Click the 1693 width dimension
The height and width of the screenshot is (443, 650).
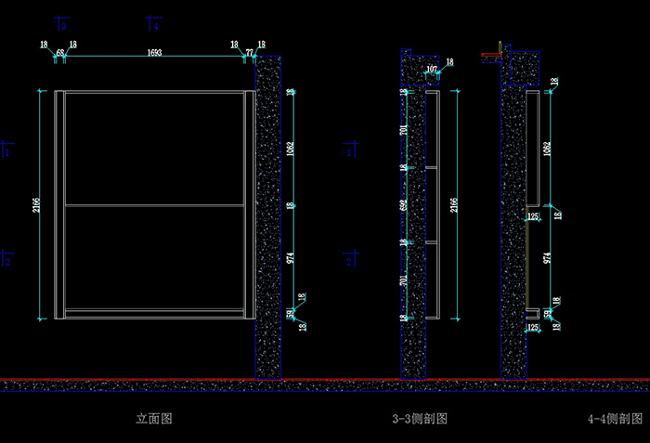click(x=154, y=53)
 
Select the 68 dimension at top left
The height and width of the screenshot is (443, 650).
click(x=60, y=53)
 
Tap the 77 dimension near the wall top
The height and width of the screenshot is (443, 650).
click(x=249, y=53)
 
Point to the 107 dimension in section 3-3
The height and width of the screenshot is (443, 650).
click(x=432, y=70)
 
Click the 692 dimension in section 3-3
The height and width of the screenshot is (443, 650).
click(x=403, y=204)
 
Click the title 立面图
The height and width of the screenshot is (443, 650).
click(x=154, y=419)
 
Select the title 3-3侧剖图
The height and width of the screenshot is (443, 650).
click(x=420, y=420)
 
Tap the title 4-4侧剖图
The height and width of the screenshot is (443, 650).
click(x=615, y=420)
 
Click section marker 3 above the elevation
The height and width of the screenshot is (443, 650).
click(x=62, y=25)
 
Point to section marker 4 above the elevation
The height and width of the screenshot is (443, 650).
click(x=155, y=25)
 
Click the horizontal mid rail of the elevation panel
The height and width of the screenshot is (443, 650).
click(x=154, y=204)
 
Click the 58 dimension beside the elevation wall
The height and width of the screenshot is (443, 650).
click(x=291, y=313)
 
